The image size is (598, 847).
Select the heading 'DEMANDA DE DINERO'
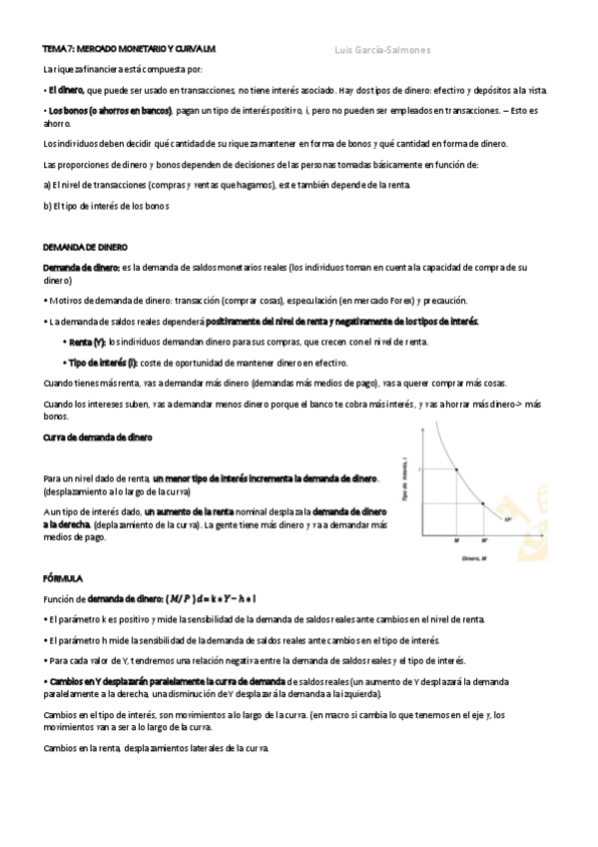pyautogui.click(x=85, y=246)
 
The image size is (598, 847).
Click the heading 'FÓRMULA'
pyautogui.click(x=63, y=578)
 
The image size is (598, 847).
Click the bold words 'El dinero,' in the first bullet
pyautogui.click(x=65, y=90)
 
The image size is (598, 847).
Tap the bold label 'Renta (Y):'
pyautogui.click(x=87, y=342)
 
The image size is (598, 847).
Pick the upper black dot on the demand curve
pyautogui.click(x=456, y=468)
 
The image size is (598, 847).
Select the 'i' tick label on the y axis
pyautogui.click(x=420, y=468)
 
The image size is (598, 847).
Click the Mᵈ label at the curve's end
pyautogui.click(x=508, y=519)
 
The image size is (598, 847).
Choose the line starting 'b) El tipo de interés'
pyautogui.click(x=106, y=206)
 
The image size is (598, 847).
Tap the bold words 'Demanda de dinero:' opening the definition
pyautogui.click(x=81, y=268)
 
